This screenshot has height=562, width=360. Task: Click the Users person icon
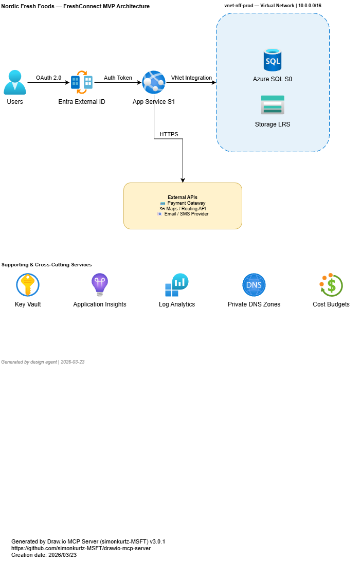(x=15, y=82)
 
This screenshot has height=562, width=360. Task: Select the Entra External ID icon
(x=81, y=82)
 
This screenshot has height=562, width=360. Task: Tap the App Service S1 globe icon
(x=153, y=82)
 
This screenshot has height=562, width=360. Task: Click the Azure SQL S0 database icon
(x=273, y=60)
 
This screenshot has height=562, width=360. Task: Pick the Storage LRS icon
(x=272, y=105)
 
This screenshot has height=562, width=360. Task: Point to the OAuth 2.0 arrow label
(x=48, y=78)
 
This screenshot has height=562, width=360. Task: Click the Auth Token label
(x=118, y=78)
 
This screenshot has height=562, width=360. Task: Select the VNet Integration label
(x=191, y=78)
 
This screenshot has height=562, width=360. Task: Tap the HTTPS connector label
(x=169, y=134)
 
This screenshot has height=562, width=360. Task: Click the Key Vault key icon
(x=28, y=285)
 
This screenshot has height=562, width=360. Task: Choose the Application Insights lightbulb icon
(x=99, y=285)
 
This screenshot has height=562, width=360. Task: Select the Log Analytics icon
(x=176, y=285)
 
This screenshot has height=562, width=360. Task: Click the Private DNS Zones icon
(x=254, y=285)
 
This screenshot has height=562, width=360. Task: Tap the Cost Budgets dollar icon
(x=331, y=285)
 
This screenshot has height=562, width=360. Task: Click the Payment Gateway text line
(x=186, y=203)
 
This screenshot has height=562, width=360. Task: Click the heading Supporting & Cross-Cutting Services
(x=47, y=265)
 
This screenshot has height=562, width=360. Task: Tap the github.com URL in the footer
(x=81, y=548)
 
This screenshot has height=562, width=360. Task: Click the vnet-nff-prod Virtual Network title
(x=273, y=5)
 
